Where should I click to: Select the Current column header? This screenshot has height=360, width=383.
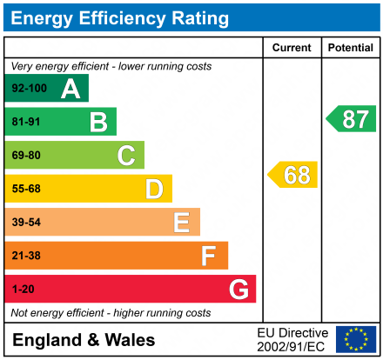pos(292,48)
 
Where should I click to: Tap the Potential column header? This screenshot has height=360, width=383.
pos(350,48)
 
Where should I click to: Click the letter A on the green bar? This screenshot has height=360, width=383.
pos(70,89)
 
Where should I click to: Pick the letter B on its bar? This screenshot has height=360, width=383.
pos(98,122)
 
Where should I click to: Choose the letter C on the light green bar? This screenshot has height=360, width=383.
pos(126,156)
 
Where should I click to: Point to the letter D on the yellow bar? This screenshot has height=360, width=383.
pos(154,189)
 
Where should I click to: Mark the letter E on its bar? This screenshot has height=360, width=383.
pos(181,223)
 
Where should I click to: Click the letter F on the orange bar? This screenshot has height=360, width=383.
pos(209,256)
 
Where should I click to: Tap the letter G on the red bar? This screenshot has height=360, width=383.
pos(238,289)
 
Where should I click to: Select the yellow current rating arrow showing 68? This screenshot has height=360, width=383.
pos(293,175)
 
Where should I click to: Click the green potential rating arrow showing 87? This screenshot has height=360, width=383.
pos(352,119)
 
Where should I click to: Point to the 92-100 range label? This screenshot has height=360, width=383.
pos(29,89)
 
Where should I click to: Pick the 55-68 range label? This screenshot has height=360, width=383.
pos(26,189)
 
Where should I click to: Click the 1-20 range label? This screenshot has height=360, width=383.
pos(24,289)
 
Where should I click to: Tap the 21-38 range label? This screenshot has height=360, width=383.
pos(26,256)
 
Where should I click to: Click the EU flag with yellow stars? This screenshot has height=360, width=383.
pos(356,339)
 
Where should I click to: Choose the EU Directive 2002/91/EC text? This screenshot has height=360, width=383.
pos(293,339)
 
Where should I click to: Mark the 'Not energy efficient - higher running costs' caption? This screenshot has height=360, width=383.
pos(111,312)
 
